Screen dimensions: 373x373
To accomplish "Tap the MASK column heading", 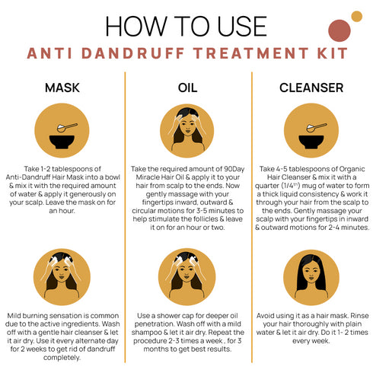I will [62, 88].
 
